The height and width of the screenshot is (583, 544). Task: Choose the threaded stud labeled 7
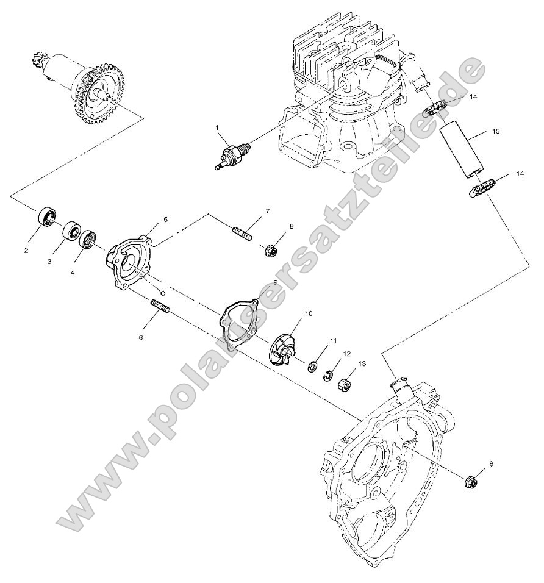(242, 233)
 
